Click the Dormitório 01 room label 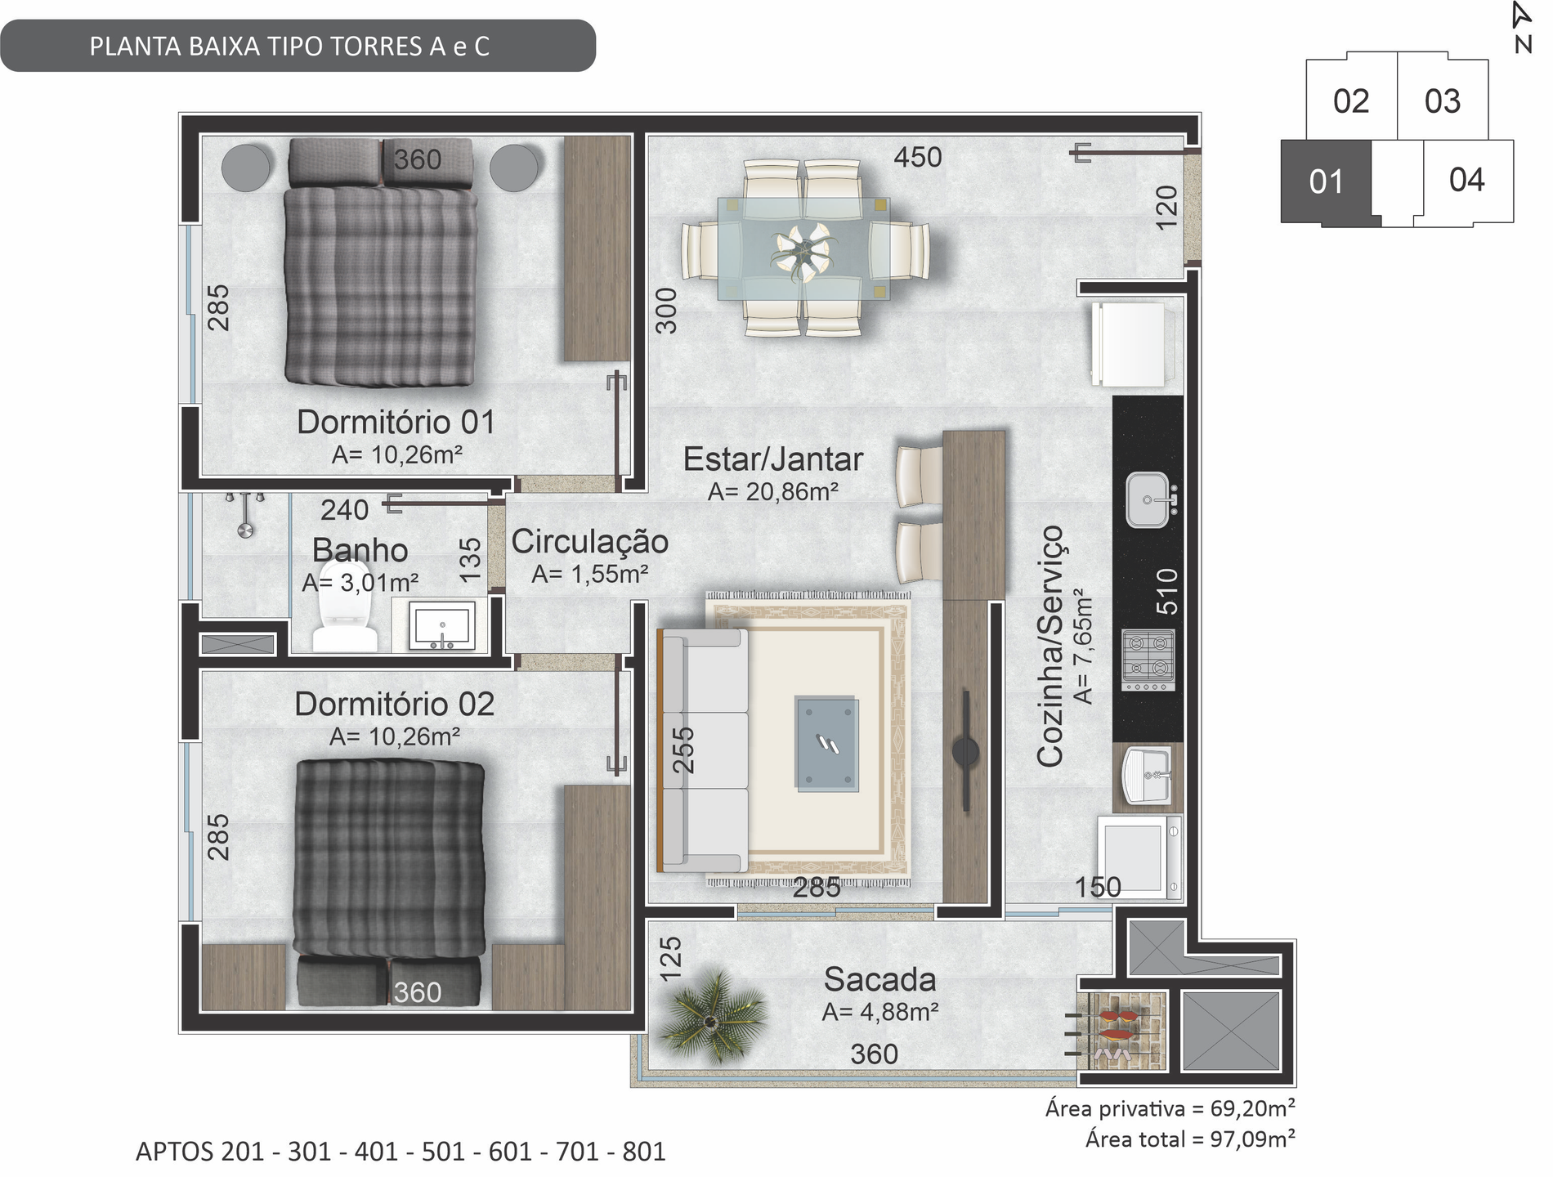(396, 422)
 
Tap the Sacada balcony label (879, 979)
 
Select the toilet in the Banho (345, 606)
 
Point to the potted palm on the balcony (712, 1018)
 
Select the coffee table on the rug (826, 743)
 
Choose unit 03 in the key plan (1443, 101)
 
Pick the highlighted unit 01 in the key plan (1326, 181)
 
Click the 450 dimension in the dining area (918, 157)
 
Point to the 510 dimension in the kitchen (1167, 591)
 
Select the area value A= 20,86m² (773, 491)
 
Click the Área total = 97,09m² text (1190, 1139)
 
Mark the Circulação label (589, 541)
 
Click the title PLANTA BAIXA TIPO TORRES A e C (289, 47)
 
